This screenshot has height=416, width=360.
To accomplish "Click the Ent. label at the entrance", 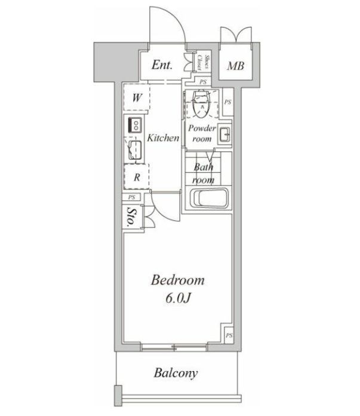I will (162, 65).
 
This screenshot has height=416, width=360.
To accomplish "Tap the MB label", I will (234, 66).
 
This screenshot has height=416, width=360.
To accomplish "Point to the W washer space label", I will (137, 98).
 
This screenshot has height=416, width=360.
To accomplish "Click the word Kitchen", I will (163, 138).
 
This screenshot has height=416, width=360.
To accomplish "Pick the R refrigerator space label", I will (137, 177).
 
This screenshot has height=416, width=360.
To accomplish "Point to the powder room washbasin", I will (225, 135).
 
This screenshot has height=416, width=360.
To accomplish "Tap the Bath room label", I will (202, 175).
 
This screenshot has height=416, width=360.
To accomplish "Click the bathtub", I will (208, 198).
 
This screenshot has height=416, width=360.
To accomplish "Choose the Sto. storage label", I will (130, 218).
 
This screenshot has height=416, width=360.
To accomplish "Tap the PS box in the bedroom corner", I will (229, 335).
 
